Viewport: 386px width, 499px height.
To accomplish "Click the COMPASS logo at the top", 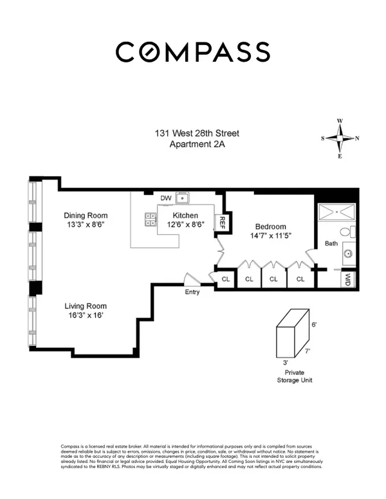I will [x=192, y=51].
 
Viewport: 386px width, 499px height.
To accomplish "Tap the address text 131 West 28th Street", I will [x=196, y=133].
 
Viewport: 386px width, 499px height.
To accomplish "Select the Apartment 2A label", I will [x=196, y=144].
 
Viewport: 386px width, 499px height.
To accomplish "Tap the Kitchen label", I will [x=184, y=215].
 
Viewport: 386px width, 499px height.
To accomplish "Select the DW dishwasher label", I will [x=165, y=198].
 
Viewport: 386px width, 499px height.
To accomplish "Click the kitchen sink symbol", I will [x=183, y=198].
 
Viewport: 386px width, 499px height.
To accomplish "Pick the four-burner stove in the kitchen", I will [x=152, y=219].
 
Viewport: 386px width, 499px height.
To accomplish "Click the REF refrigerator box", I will [x=222, y=222].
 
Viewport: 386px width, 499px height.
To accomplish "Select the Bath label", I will [x=331, y=244].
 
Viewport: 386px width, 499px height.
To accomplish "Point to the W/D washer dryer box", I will [x=348, y=278].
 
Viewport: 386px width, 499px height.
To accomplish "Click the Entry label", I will [x=192, y=292].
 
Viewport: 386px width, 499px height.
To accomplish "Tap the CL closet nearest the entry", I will [x=226, y=279].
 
